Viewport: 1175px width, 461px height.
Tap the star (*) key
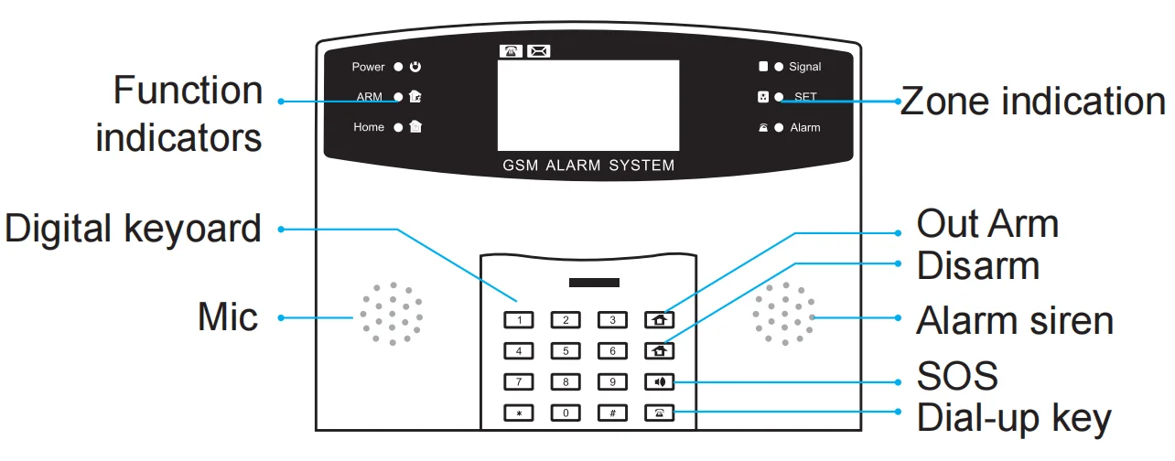click(x=519, y=413)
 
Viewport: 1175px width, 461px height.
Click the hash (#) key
click(x=612, y=413)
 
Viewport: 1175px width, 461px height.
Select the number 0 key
click(x=566, y=413)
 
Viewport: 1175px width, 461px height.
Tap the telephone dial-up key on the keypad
click(x=659, y=413)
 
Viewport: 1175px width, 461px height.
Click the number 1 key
click(x=519, y=320)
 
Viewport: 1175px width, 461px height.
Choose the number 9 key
click(x=612, y=382)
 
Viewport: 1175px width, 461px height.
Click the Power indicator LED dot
click(x=398, y=67)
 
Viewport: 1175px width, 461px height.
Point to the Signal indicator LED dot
click(x=779, y=67)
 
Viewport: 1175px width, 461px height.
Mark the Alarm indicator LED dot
click(x=779, y=127)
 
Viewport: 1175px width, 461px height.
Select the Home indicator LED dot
click(x=398, y=127)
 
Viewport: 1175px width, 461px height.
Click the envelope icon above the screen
click(x=539, y=51)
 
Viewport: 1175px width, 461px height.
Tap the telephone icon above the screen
click(x=511, y=51)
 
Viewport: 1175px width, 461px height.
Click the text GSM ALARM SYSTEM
click(x=588, y=166)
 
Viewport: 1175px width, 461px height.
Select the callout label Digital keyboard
click(x=134, y=228)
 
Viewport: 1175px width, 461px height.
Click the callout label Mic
click(x=228, y=317)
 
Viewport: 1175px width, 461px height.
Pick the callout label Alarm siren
click(x=1014, y=320)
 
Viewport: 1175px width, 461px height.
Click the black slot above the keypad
click(x=594, y=283)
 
